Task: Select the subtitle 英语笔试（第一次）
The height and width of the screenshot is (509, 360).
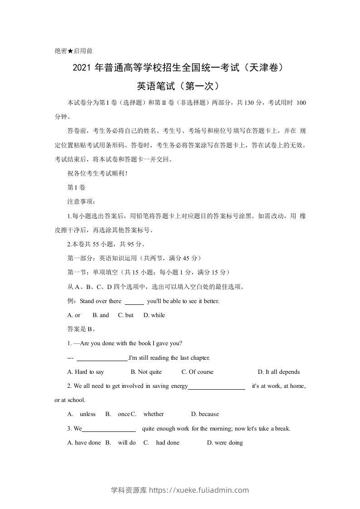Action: pyautogui.click(x=180, y=85)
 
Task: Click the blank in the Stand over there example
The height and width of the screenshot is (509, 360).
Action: pyautogui.click(x=134, y=301)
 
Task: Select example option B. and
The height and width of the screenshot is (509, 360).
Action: pyautogui.click(x=101, y=315)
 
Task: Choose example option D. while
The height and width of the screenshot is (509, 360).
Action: pyautogui.click(x=154, y=315)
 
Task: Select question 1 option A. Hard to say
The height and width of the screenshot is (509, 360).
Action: pyautogui.click(x=85, y=372)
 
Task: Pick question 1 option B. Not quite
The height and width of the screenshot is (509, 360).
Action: pyautogui.click(x=146, y=372)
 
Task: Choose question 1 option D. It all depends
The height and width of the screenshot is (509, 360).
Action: pyautogui.click(x=279, y=372)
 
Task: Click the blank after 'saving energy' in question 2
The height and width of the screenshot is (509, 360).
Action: pyautogui.click(x=217, y=386)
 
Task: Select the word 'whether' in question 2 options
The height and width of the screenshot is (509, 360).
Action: pyautogui.click(x=153, y=414)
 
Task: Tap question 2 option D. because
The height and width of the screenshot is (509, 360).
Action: pyautogui.click(x=205, y=414)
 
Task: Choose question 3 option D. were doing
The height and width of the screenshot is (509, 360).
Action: pyautogui.click(x=225, y=443)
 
